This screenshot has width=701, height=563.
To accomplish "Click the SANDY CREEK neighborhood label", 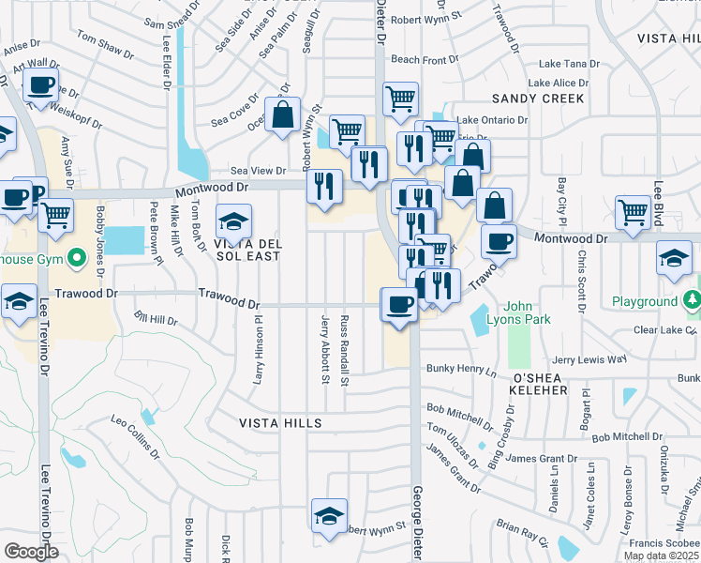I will (x=538, y=99).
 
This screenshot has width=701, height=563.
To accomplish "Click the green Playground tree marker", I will (x=692, y=300).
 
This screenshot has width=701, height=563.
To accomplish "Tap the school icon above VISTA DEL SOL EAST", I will (x=233, y=222).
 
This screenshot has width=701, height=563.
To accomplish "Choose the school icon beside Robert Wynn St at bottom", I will (x=329, y=517).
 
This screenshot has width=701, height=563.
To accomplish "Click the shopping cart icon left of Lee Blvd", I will (x=633, y=212).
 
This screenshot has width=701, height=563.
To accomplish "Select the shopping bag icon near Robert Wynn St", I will (x=282, y=115).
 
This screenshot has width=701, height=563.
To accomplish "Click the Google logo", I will (x=30, y=552).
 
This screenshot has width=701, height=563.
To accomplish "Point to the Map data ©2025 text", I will (x=662, y=555).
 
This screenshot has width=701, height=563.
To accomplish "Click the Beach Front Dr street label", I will (x=425, y=60).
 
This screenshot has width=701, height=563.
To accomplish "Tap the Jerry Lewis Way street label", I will (x=589, y=359).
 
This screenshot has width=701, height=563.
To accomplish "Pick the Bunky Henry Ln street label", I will (x=460, y=371).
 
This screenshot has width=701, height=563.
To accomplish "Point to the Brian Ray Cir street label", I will (x=521, y=532).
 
